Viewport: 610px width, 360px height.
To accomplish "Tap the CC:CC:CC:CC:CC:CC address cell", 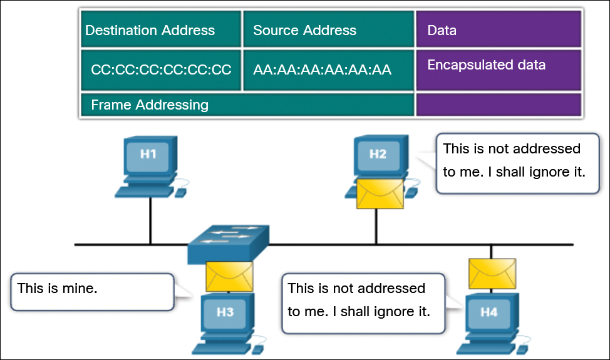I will click(x=161, y=69).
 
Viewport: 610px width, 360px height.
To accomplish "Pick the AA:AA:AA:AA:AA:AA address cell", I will click(x=323, y=69).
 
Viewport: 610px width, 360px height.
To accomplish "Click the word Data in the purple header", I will click(x=442, y=30).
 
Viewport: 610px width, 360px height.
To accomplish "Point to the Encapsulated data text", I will click(x=486, y=65).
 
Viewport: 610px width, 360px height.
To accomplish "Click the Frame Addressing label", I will click(x=150, y=105).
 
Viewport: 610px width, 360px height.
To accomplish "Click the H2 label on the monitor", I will click(x=378, y=154).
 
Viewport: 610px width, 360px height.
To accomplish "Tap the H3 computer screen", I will click(x=225, y=311).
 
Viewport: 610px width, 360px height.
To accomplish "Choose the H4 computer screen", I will click(x=489, y=311).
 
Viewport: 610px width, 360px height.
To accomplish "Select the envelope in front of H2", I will click(x=380, y=193).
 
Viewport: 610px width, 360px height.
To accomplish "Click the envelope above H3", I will click(x=229, y=276).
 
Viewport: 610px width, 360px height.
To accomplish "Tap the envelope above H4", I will click(x=492, y=273).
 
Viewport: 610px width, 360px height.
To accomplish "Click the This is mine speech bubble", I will click(x=91, y=291).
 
